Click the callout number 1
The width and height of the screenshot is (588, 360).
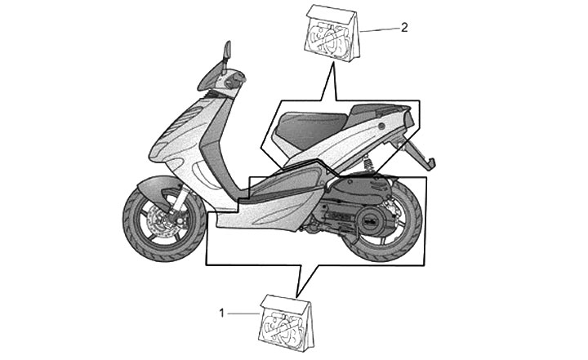221,311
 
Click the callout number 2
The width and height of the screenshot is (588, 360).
404,26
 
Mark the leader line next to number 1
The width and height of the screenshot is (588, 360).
243,312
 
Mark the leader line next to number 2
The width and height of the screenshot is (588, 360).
380,29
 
